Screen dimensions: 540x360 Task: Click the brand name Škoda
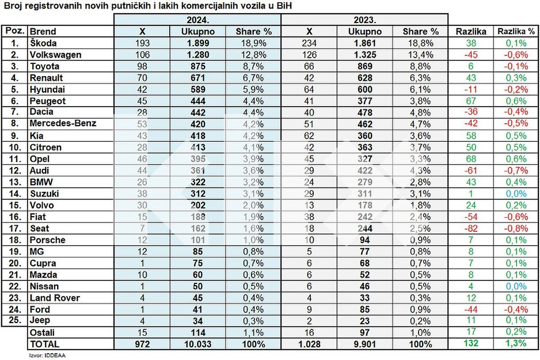tap(43, 43)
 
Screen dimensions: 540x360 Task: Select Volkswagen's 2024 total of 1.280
tap(197, 55)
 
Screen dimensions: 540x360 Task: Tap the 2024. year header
tap(197, 20)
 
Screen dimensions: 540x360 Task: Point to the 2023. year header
tap(365, 20)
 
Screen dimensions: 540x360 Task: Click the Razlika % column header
tap(516, 32)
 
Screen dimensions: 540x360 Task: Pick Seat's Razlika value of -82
tap(470, 229)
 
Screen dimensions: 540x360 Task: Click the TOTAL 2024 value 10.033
tap(197, 344)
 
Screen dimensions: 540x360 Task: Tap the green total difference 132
tap(471, 343)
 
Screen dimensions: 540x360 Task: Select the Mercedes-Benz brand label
tap(63, 123)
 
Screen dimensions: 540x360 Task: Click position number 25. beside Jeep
tap(15, 320)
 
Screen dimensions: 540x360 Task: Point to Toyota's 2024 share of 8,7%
tap(253, 66)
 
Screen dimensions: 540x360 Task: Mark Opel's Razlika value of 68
tap(471, 159)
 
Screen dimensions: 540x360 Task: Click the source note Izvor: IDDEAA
tap(47, 355)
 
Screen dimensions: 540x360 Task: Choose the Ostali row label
tap(42, 333)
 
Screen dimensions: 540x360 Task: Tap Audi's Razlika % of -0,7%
tap(516, 170)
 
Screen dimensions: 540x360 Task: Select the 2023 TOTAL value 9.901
tap(365, 344)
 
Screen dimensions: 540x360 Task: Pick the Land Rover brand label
tap(55, 298)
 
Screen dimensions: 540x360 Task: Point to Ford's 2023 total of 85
tap(365, 309)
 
